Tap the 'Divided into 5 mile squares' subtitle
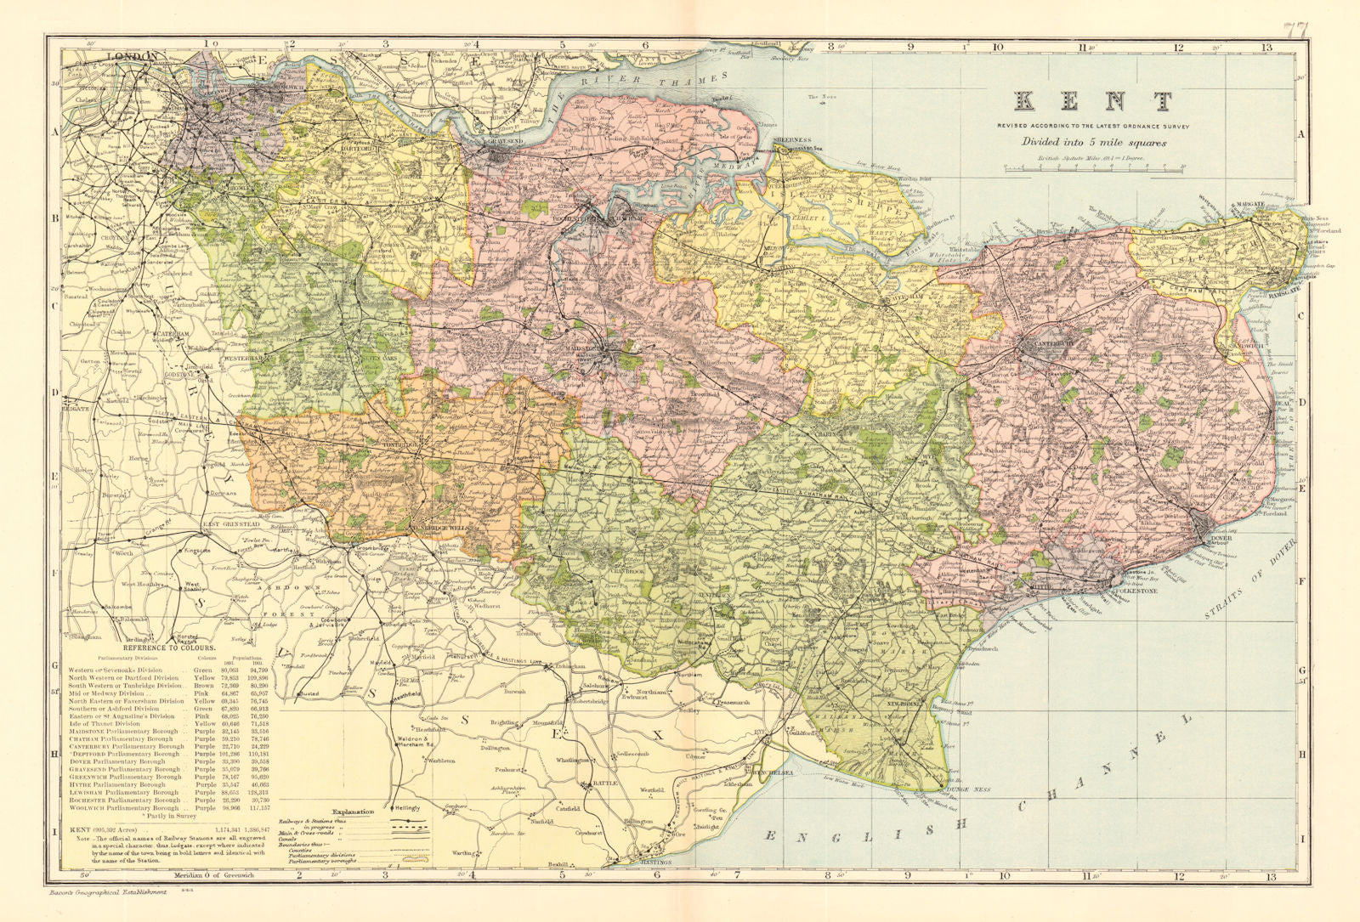[x=1093, y=142]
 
